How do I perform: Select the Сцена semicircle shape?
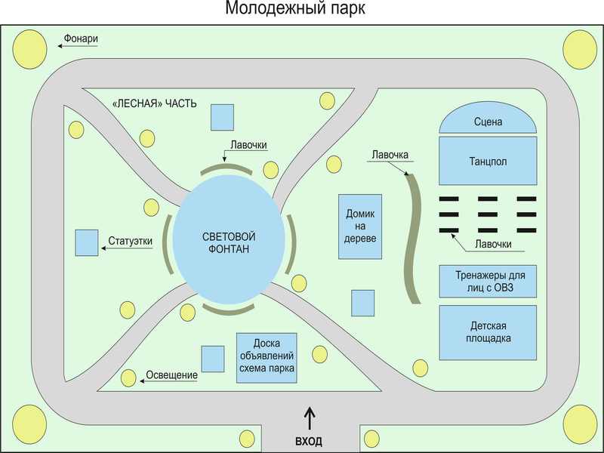(x=488, y=121)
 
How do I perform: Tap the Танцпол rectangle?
(x=488, y=161)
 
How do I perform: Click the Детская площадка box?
(x=488, y=332)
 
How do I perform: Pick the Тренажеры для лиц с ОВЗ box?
(x=488, y=281)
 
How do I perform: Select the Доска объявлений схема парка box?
(x=266, y=357)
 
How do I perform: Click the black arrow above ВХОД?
(x=309, y=418)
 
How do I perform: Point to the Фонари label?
(x=82, y=39)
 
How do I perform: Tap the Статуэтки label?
(x=131, y=242)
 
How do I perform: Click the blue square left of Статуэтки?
(x=87, y=242)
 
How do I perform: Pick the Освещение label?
(x=173, y=375)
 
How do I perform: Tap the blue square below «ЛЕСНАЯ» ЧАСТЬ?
(x=222, y=117)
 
